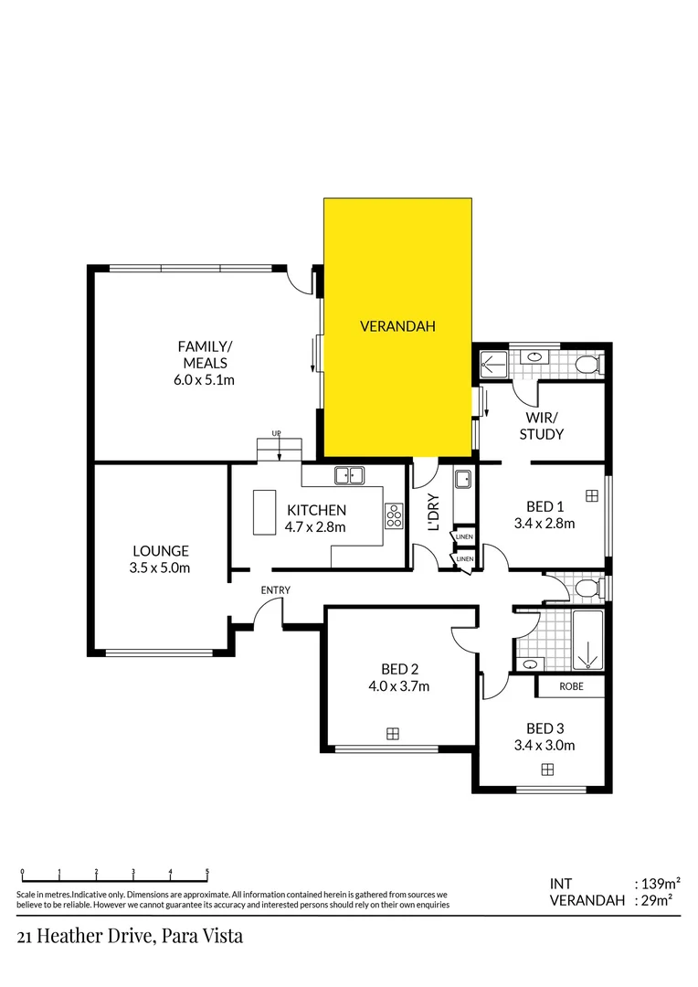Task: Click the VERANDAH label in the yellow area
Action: [397, 326]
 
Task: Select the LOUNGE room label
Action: [161, 551]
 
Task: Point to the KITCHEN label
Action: [316, 510]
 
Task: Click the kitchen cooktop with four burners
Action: [395, 516]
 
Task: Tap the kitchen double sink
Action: [349, 475]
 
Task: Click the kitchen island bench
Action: [265, 511]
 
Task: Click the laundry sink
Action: [463, 478]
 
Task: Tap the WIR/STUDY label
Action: [541, 426]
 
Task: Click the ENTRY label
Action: [275, 590]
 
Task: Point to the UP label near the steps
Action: [275, 433]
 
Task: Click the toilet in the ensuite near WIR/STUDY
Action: [587, 366]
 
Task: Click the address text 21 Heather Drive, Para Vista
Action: [130, 937]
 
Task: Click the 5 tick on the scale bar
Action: [207, 872]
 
